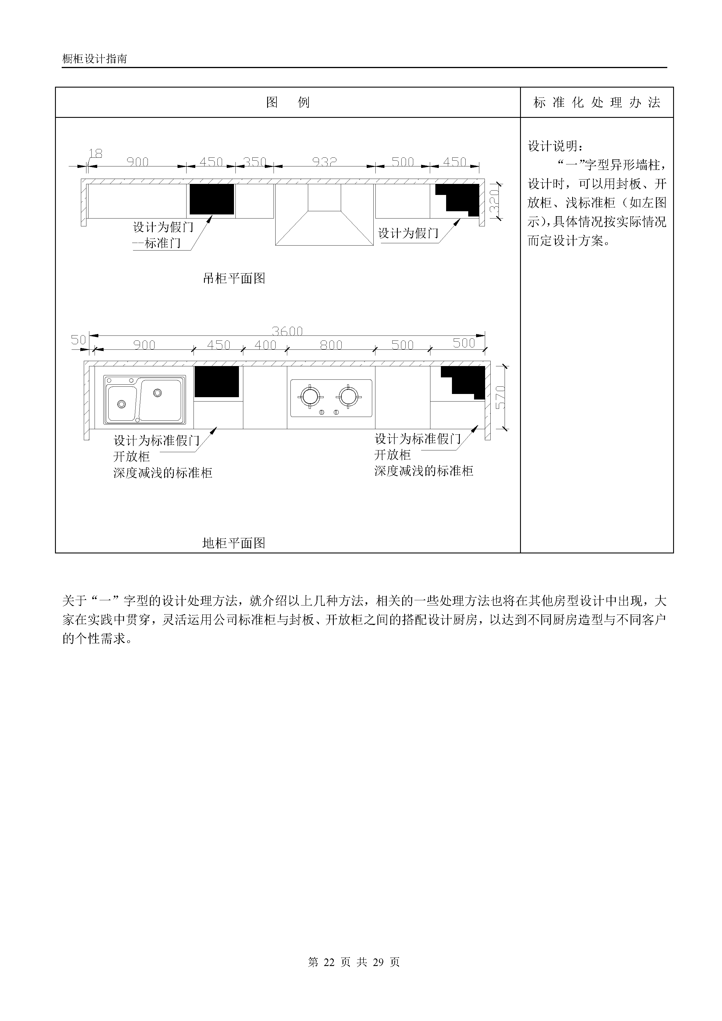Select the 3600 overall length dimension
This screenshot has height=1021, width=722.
point(288,331)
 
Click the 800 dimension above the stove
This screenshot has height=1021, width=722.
point(331,345)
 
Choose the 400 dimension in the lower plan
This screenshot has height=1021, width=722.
point(266,345)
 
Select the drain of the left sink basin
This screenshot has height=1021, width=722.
point(121,404)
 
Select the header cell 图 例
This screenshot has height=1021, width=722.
point(288,103)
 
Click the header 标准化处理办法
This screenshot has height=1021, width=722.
point(597,103)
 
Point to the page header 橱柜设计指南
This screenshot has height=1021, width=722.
point(95,59)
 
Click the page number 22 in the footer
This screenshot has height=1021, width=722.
point(329,962)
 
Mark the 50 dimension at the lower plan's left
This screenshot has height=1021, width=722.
point(78,340)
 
